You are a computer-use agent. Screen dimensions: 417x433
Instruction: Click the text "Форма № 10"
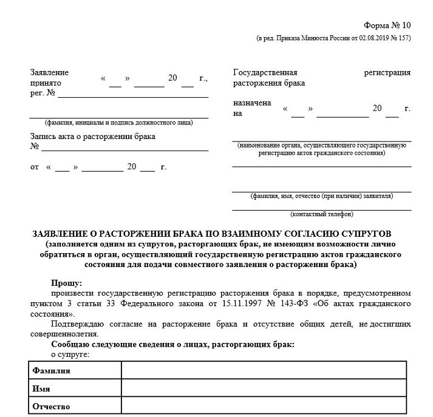387,25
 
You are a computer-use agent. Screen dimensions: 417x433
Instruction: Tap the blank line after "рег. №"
133,95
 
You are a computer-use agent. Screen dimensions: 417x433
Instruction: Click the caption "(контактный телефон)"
322,214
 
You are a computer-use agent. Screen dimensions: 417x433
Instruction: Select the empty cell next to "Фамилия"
264,370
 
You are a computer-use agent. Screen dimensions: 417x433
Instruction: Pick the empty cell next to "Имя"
264,388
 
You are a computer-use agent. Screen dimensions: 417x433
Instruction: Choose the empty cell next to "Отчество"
264,406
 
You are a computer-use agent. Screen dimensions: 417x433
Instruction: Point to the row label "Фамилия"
52,370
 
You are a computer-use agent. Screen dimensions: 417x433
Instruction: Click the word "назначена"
252,103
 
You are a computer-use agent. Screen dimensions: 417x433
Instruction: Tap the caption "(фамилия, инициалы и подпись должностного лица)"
119,123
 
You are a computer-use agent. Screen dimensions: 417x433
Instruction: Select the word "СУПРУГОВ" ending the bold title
371,234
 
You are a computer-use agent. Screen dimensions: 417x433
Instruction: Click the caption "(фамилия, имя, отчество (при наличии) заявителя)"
322,196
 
